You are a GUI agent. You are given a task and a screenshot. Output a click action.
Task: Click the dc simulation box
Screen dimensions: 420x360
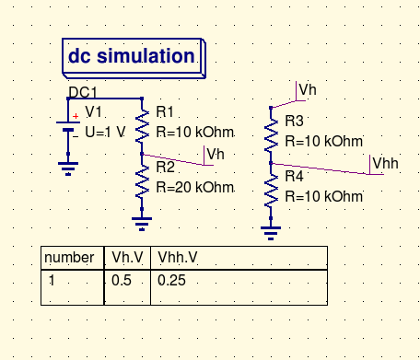tap(134, 58)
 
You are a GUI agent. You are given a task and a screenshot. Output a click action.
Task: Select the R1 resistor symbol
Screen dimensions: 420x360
tap(142, 126)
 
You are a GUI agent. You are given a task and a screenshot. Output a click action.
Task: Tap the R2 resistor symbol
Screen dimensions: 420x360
tap(142, 181)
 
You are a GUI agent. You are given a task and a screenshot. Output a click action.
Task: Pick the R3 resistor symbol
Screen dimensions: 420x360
tap(271, 135)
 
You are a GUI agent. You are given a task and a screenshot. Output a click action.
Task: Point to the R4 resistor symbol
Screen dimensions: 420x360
tap(271, 191)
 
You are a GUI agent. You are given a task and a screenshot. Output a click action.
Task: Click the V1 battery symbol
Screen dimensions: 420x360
tap(68, 126)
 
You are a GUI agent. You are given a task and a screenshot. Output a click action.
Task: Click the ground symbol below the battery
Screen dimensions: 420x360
tap(68, 168)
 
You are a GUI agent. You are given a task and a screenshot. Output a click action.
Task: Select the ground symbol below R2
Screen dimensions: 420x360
tap(142, 224)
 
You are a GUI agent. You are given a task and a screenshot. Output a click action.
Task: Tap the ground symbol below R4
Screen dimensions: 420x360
tap(271, 233)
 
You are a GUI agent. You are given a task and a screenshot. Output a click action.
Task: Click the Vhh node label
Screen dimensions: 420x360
tap(385, 163)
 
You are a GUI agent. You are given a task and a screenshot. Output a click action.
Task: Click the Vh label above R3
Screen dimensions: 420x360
tap(308, 89)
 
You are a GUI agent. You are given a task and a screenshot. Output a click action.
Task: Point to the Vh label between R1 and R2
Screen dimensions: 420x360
tap(216, 154)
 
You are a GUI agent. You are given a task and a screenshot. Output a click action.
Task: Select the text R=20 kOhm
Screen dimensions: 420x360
tap(195, 187)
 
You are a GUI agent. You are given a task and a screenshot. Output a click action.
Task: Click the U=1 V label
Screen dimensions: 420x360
tap(105, 132)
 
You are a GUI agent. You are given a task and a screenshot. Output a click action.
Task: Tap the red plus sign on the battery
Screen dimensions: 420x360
tap(76, 116)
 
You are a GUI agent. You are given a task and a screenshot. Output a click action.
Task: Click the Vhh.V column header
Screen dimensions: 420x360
tap(178, 257)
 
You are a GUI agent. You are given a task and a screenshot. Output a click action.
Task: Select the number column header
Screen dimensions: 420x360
tap(69, 257)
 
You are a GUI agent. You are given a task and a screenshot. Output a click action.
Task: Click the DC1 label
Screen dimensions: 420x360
tap(83, 92)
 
